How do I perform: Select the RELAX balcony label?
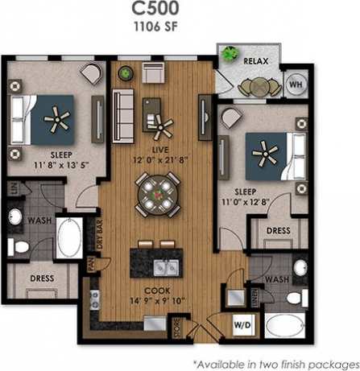[256, 61]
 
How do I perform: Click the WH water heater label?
[295, 83]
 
